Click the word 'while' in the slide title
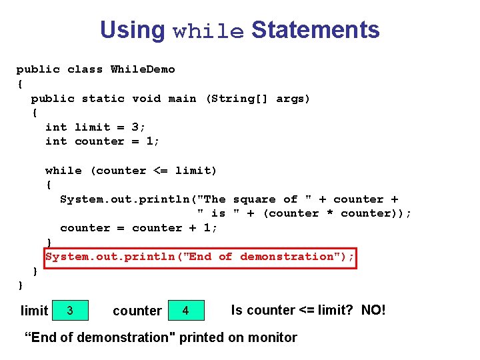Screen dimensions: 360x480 tap(208, 31)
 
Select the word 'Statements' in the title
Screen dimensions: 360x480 tap(315, 30)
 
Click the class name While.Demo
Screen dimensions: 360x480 tap(143, 69)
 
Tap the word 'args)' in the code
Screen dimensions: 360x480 tap(293, 99)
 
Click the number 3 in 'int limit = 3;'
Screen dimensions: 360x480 tap(135, 127)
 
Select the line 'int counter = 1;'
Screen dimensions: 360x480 tap(103, 141)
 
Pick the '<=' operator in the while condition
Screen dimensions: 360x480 tap(161, 171)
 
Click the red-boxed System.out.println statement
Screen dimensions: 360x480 tap(200, 257)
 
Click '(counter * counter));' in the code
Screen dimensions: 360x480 tap(337, 213)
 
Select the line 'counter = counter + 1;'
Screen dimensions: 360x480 tap(139, 228)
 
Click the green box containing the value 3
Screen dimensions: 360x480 tap(70, 310)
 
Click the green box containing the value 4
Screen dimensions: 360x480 tap(185, 310)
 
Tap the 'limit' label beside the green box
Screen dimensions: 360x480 tap(35, 311)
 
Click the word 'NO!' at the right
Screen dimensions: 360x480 tap(373, 310)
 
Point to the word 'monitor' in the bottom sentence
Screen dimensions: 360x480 tap(271, 337)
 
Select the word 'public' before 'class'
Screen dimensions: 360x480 tap(38, 69)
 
